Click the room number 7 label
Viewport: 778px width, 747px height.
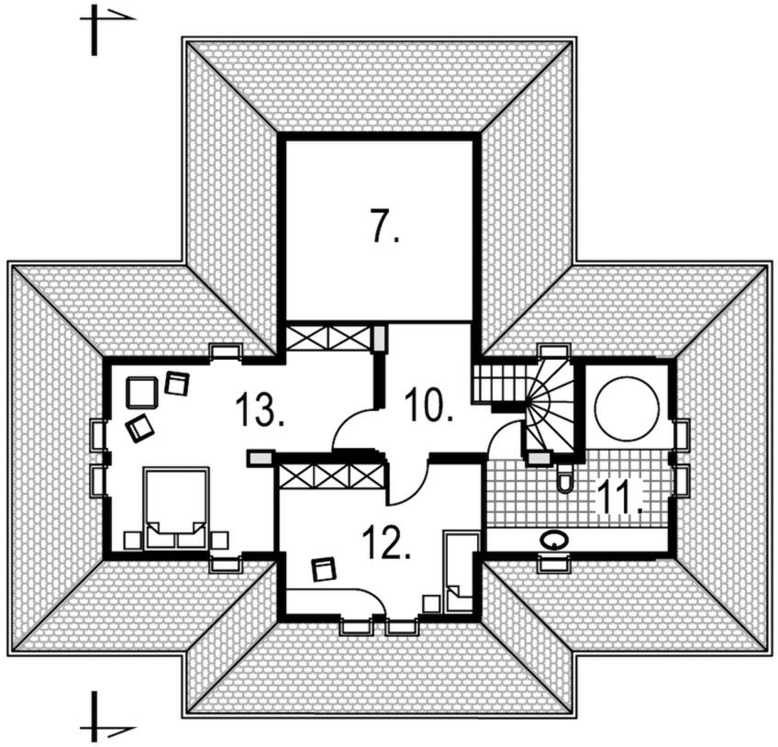[x=384, y=226]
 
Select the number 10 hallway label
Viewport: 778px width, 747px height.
[x=428, y=405]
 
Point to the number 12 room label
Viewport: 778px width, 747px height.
[x=386, y=542]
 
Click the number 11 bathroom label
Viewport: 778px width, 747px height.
[x=620, y=497]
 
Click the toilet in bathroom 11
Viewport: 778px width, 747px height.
[x=564, y=477]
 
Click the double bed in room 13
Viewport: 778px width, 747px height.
[x=175, y=507]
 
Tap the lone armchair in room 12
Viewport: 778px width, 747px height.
[x=324, y=569]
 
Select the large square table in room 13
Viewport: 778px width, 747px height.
[x=142, y=393]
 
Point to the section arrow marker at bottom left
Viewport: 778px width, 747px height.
[x=106, y=719]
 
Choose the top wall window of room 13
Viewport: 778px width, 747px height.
[x=226, y=351]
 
